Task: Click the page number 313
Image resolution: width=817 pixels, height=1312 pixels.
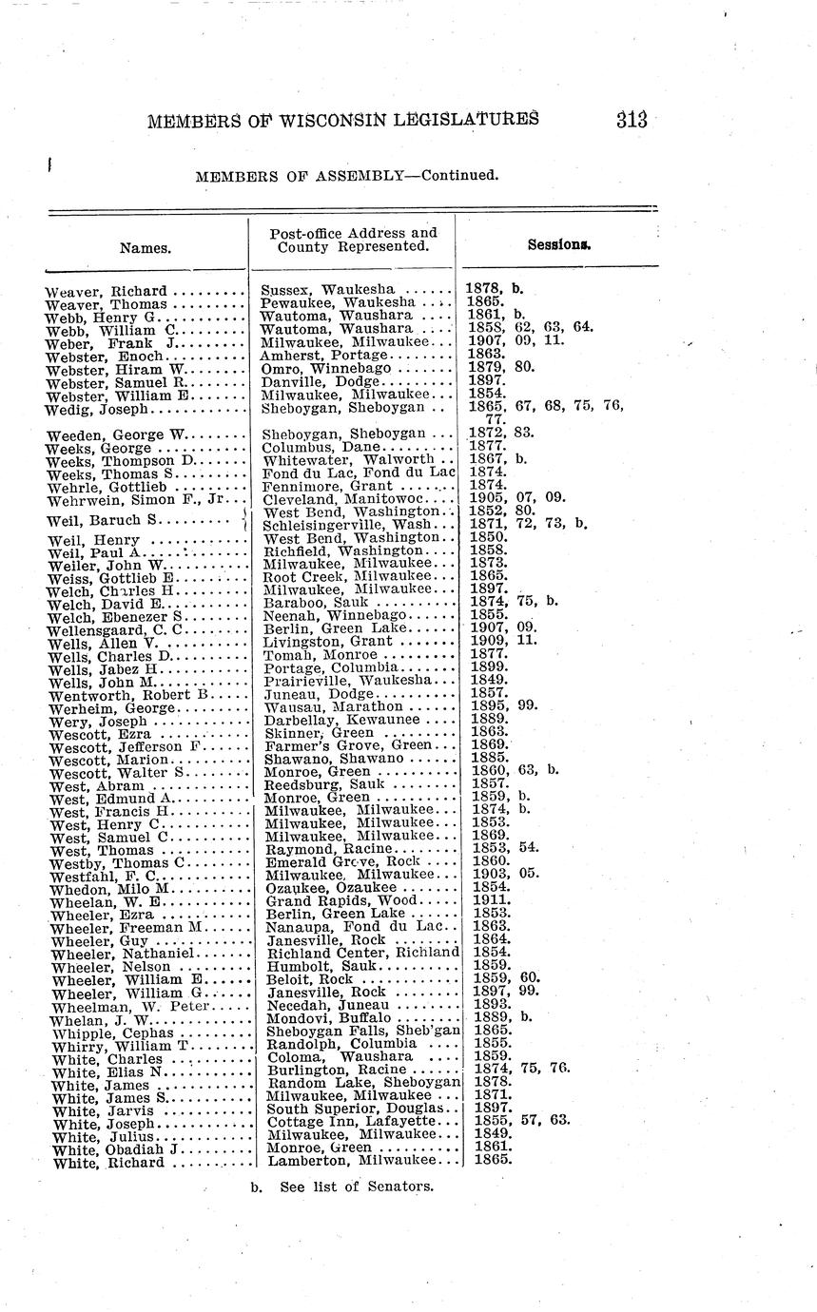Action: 631,120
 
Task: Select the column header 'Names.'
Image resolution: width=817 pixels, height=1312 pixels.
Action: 146,248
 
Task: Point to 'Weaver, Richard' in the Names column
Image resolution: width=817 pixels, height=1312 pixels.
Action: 106,290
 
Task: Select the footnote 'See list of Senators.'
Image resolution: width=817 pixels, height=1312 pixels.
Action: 357,1186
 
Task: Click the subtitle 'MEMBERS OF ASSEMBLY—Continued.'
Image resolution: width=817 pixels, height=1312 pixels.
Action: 346,176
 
